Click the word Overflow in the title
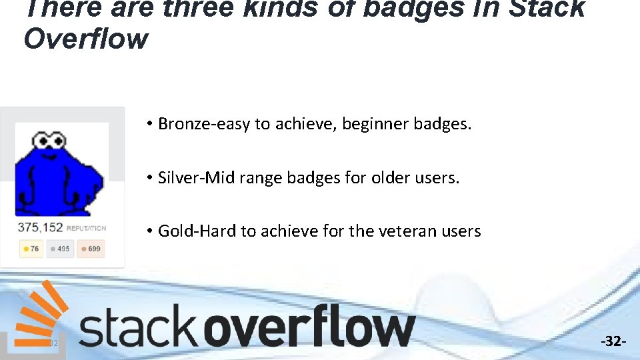[85, 39]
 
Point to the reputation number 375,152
[40, 227]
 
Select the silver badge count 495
[59, 249]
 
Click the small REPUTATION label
[86, 229]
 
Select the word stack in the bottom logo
[138, 327]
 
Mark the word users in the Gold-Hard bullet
[458, 231]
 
